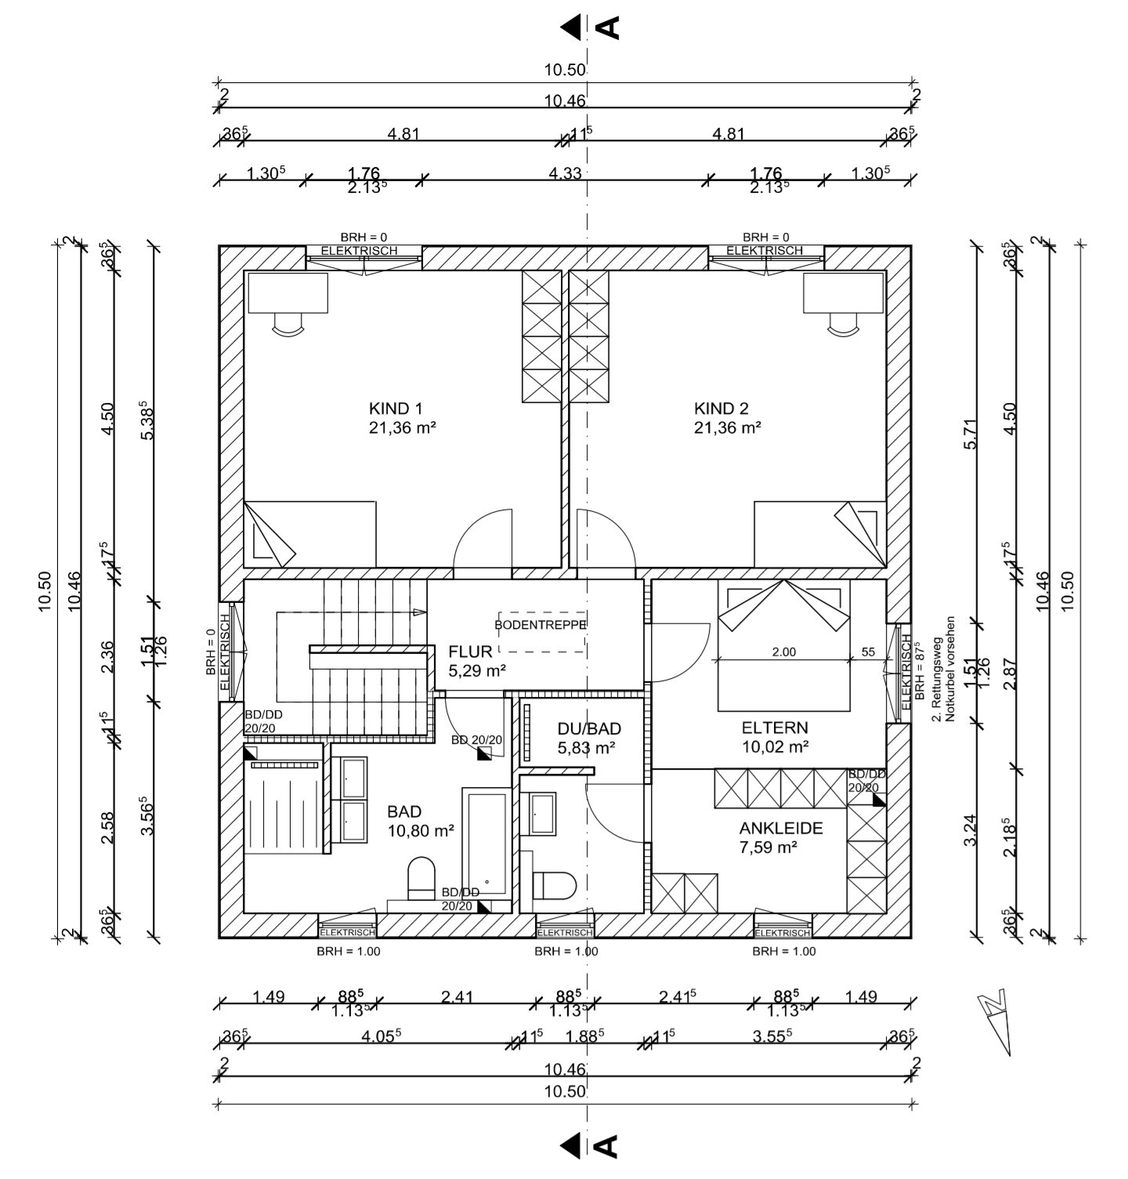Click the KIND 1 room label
pos(396,408)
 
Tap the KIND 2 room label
pos(721,408)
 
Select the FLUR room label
pos(470,651)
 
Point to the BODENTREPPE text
pos(540,625)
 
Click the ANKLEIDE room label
pos(781,829)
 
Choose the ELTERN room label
pos(775,727)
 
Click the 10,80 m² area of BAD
pos(421,831)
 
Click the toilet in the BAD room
pos(421,878)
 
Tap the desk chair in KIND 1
pos(287,323)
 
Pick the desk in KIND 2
pos(844,292)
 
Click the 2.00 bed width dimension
pos(783,651)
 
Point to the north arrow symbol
pos(996,1018)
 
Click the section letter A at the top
pos(609,27)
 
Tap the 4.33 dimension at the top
pos(565,172)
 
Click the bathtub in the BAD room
pos(486,843)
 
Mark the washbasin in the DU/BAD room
pos(543,814)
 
